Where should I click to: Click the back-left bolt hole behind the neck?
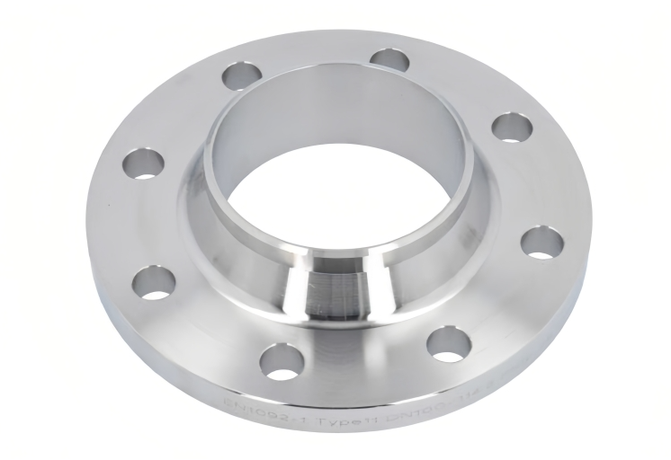pyautogui.click(x=240, y=75)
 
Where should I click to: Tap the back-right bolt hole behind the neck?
pyautogui.click(x=389, y=61)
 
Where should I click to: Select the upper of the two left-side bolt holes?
pyautogui.click(x=144, y=164)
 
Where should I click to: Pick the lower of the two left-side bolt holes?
pyautogui.click(x=154, y=282)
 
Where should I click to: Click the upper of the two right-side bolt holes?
pyautogui.click(x=513, y=127)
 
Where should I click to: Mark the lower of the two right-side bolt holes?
pyautogui.click(x=543, y=243)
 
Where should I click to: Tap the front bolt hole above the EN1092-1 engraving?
pyautogui.click(x=282, y=361)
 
